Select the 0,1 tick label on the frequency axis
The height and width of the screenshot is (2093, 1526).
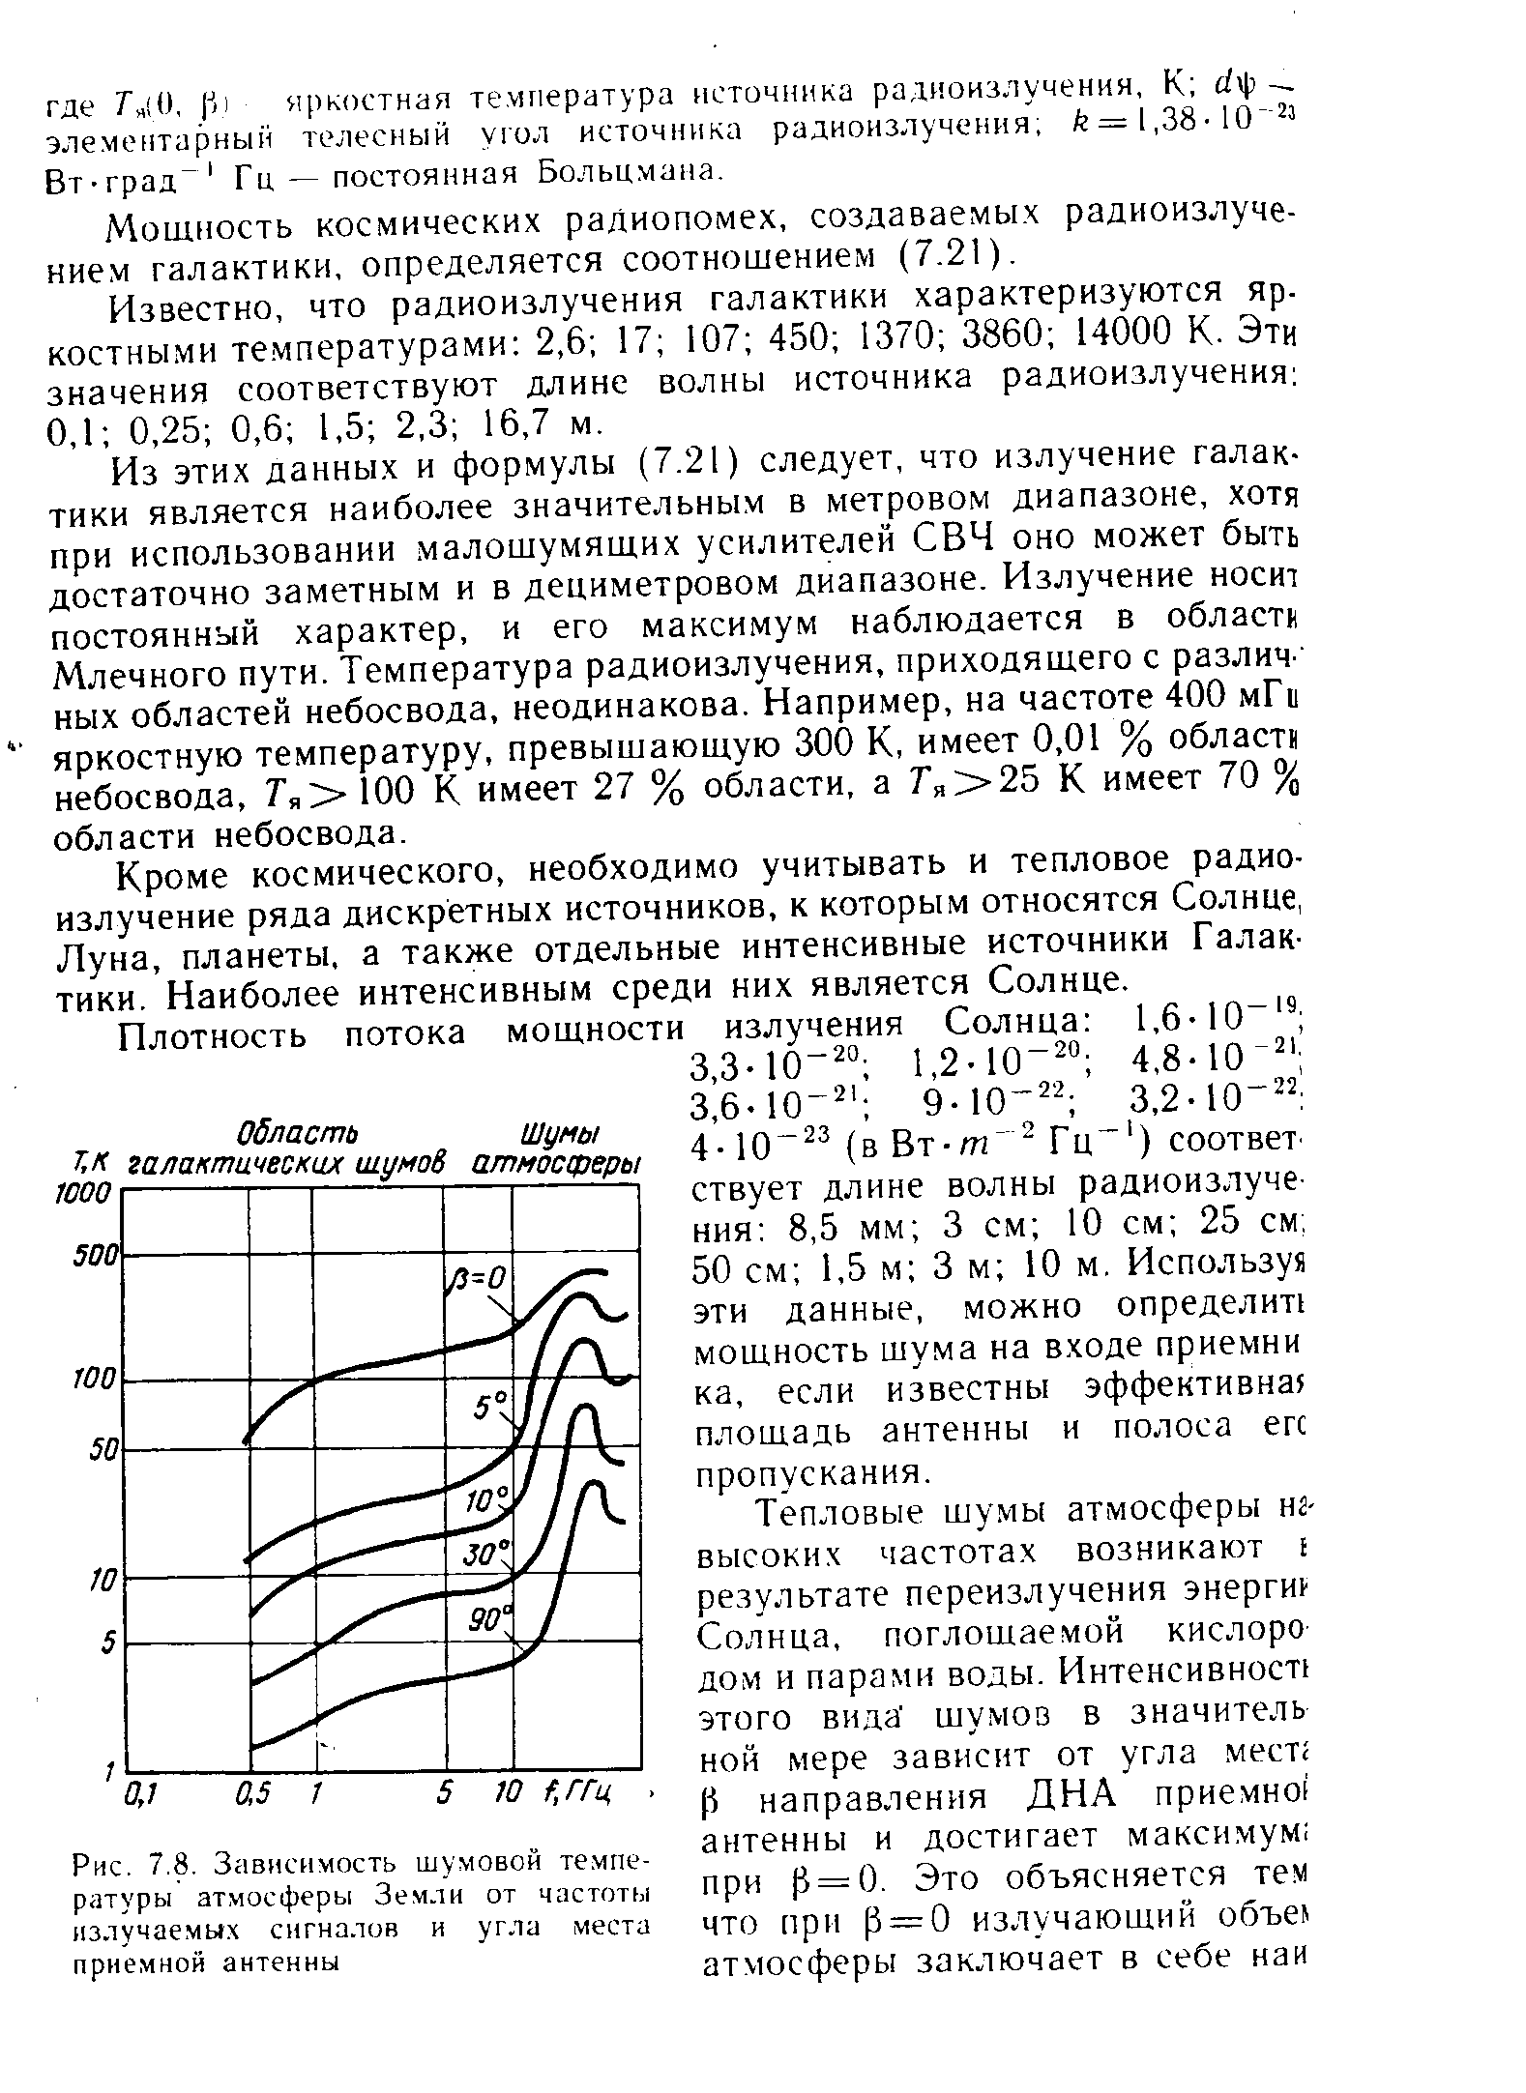pos(140,1794)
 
